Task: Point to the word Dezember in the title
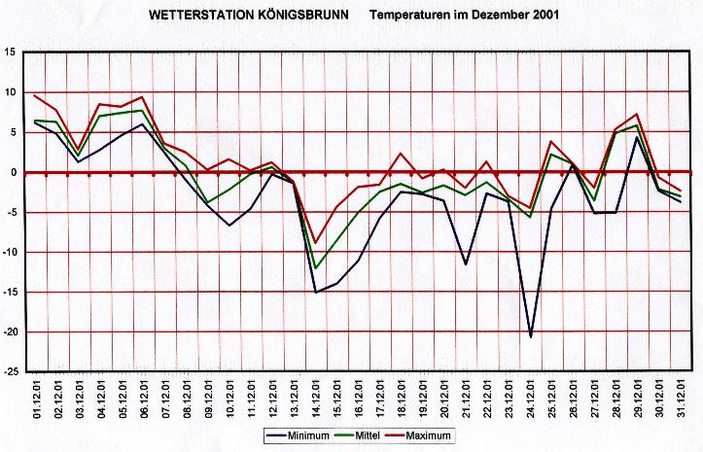click(x=499, y=17)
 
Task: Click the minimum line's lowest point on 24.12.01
click(x=530, y=336)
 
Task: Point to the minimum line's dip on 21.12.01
click(x=466, y=263)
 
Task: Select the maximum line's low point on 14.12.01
click(x=315, y=243)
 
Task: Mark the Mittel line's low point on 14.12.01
click(x=315, y=268)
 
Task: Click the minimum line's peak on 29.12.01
click(x=637, y=137)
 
